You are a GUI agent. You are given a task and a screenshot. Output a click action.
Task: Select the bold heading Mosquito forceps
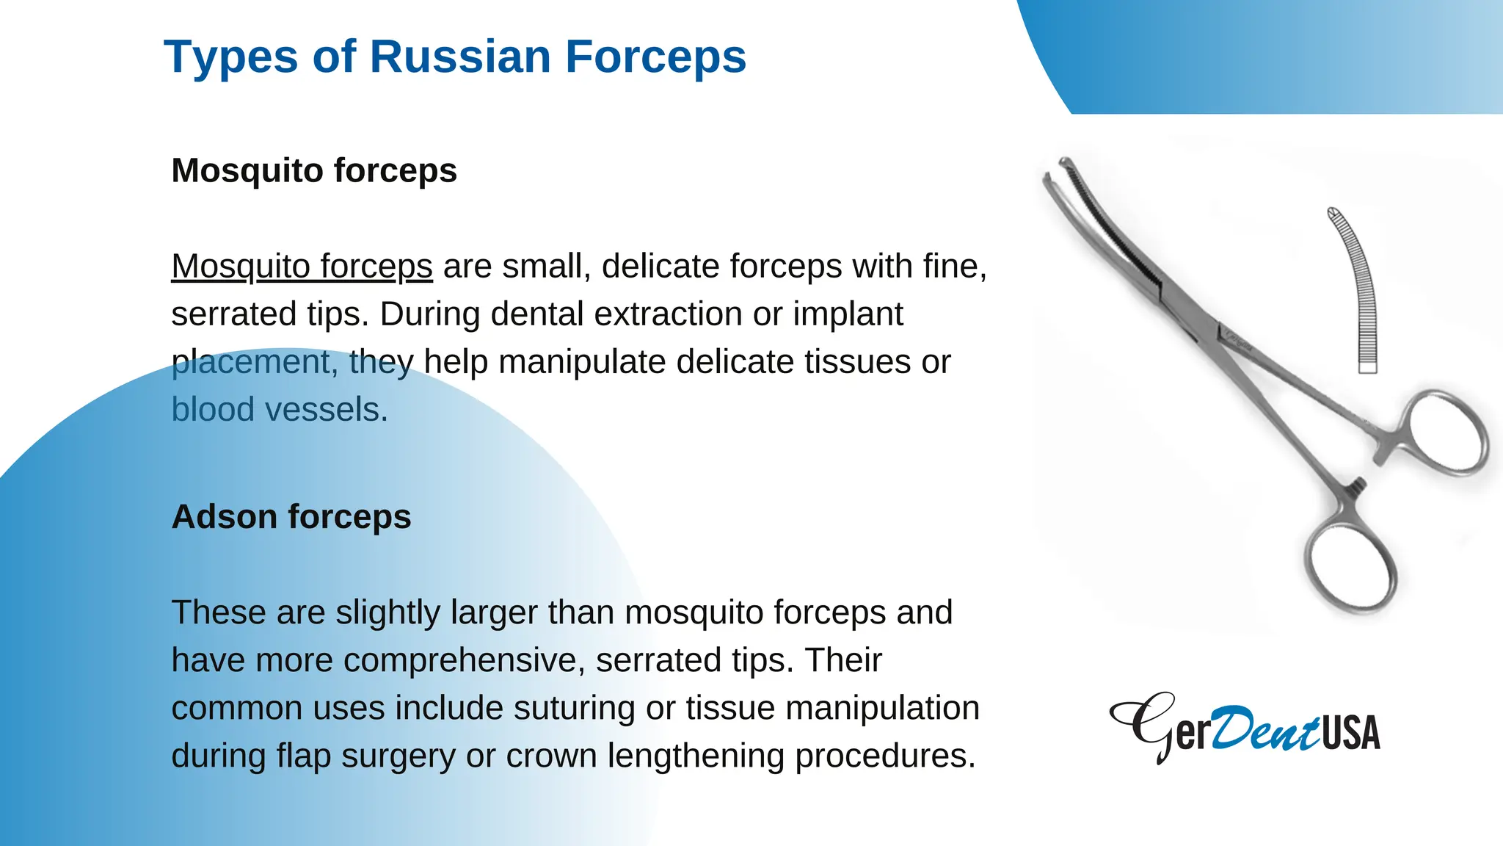314,170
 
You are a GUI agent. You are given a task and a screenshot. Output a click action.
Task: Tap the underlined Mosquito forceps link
302,266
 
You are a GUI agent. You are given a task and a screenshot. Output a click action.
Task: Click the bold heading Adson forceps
291,516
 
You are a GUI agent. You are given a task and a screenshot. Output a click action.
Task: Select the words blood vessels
279,409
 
